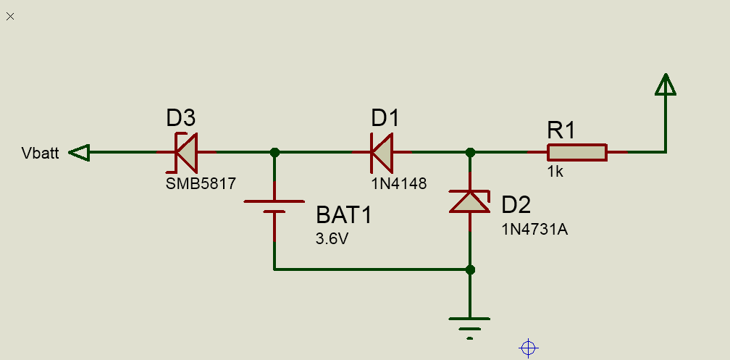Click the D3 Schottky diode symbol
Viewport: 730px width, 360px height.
tap(186, 152)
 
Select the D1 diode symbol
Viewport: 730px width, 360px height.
tap(382, 152)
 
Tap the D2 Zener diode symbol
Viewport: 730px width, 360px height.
tap(470, 201)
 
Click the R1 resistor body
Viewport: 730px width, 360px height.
tap(576, 152)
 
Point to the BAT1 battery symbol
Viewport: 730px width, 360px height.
tap(274, 206)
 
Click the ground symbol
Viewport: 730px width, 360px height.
tap(469, 329)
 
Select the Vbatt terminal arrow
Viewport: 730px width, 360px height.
tap(79, 152)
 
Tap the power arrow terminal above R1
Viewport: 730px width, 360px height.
tap(666, 84)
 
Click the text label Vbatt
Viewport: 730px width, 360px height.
tap(40, 154)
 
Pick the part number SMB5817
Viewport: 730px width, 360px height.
tap(201, 183)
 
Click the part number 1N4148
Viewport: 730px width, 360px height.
tap(399, 183)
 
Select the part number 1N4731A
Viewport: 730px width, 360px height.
tap(534, 230)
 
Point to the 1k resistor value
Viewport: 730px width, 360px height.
tap(555, 172)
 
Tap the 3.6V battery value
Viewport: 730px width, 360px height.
tap(332, 239)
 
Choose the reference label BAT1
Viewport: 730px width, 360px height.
tap(344, 215)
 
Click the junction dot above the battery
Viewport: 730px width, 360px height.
tap(274, 152)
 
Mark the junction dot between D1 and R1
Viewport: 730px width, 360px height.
tap(470, 152)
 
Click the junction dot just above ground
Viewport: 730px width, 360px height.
tap(470, 269)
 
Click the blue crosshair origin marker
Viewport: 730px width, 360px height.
tap(529, 348)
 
